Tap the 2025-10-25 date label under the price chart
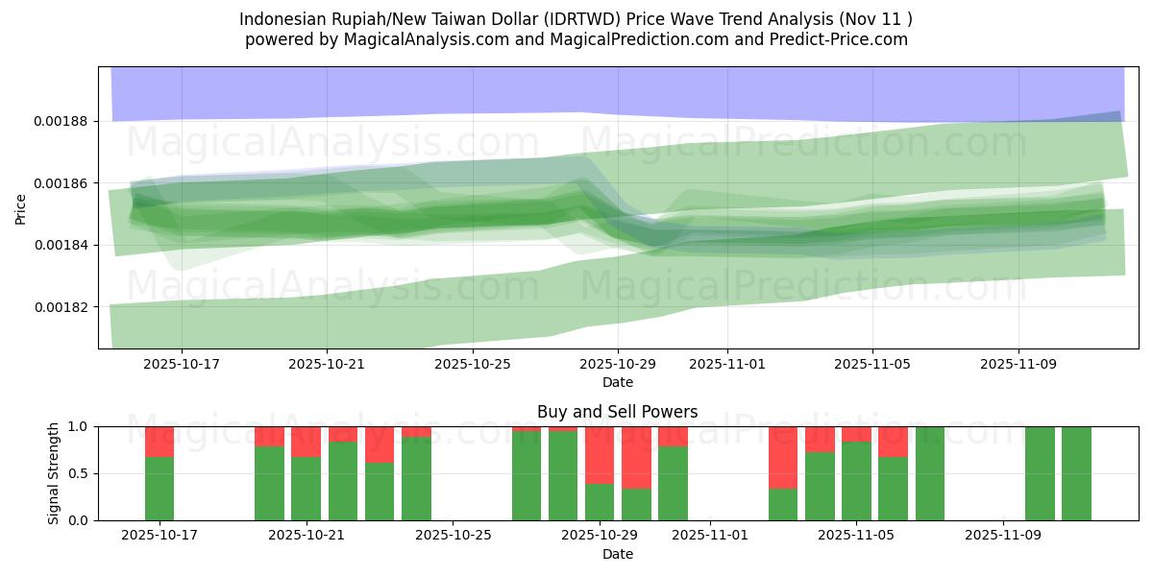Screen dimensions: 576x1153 472,364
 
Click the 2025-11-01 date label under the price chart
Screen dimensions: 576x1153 726,364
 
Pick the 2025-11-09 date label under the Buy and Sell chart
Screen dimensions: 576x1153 1003,536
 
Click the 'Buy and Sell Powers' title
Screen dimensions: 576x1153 617,412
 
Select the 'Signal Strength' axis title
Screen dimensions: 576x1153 54,473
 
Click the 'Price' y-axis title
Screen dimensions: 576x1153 21,207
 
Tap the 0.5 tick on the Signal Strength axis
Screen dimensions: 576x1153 79,473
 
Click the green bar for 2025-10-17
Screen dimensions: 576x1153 159,489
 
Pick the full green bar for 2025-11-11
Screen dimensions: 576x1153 1076,473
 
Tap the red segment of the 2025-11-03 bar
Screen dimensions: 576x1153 783,457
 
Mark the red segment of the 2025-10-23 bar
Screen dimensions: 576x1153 380,444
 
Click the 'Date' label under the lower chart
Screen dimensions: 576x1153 617,554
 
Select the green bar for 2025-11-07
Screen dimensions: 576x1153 929,473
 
